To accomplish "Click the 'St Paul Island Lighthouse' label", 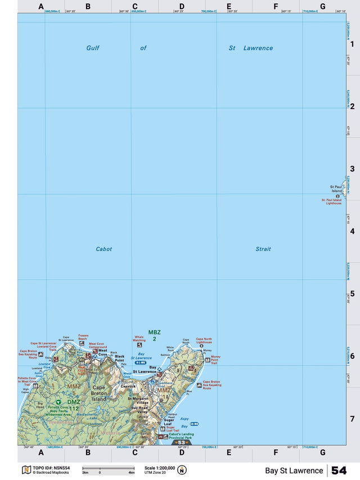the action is pyautogui.click(x=331, y=201).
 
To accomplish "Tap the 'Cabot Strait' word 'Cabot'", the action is pyautogui.click(x=104, y=249).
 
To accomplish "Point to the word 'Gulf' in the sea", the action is pyautogui.click(x=93, y=48).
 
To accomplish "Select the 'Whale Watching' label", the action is pyautogui.click(x=139, y=339).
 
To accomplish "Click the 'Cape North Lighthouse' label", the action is pyautogui.click(x=204, y=341).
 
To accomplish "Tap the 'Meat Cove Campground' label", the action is pyautogui.click(x=96, y=345).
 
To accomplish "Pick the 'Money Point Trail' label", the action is pyautogui.click(x=215, y=359).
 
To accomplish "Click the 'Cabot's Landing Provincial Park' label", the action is pyautogui.click(x=181, y=436).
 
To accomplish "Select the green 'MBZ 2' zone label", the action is pyautogui.click(x=154, y=335).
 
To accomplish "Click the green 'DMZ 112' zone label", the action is pyautogui.click(x=74, y=405).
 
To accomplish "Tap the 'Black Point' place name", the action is pyautogui.click(x=119, y=358).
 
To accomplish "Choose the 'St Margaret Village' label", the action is pyautogui.click(x=138, y=401).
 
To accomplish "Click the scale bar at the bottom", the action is pyautogui.click(x=109, y=468).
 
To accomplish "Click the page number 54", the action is pyautogui.click(x=339, y=470).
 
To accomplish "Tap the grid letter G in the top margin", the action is pyautogui.click(x=322, y=7).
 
